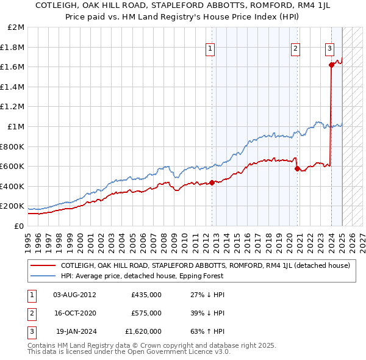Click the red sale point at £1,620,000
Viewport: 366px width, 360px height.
click(x=331, y=65)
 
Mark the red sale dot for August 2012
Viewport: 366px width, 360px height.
click(x=212, y=182)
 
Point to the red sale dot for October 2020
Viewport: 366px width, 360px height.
click(x=297, y=169)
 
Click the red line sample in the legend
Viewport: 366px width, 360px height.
click(x=43, y=265)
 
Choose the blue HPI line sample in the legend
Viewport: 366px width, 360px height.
click(x=43, y=275)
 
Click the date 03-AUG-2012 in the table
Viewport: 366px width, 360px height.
click(x=74, y=294)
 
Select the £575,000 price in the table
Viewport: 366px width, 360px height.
click(x=146, y=313)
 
